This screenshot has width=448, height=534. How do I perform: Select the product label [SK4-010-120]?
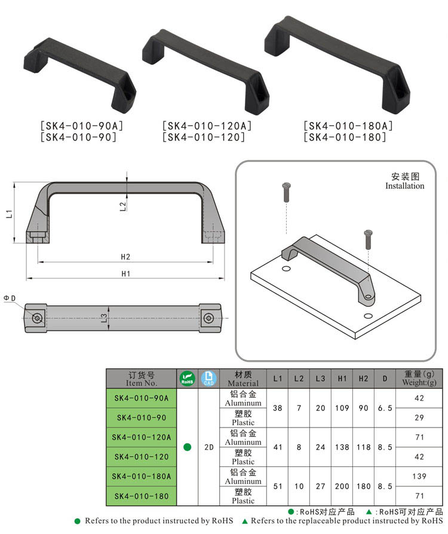click(x=203, y=137)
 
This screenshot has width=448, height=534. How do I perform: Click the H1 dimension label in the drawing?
click(x=126, y=274)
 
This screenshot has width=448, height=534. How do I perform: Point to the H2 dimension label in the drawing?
click(x=125, y=257)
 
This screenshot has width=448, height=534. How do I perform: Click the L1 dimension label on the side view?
click(x=9, y=213)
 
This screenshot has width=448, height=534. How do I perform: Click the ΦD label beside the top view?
click(x=10, y=298)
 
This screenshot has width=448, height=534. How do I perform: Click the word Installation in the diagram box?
click(x=404, y=186)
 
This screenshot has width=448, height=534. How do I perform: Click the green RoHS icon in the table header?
click(x=188, y=379)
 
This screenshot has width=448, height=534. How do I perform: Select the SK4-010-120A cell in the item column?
click(x=142, y=437)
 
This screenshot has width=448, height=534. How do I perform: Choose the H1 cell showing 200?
click(x=342, y=486)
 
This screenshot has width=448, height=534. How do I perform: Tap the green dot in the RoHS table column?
click(x=188, y=447)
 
